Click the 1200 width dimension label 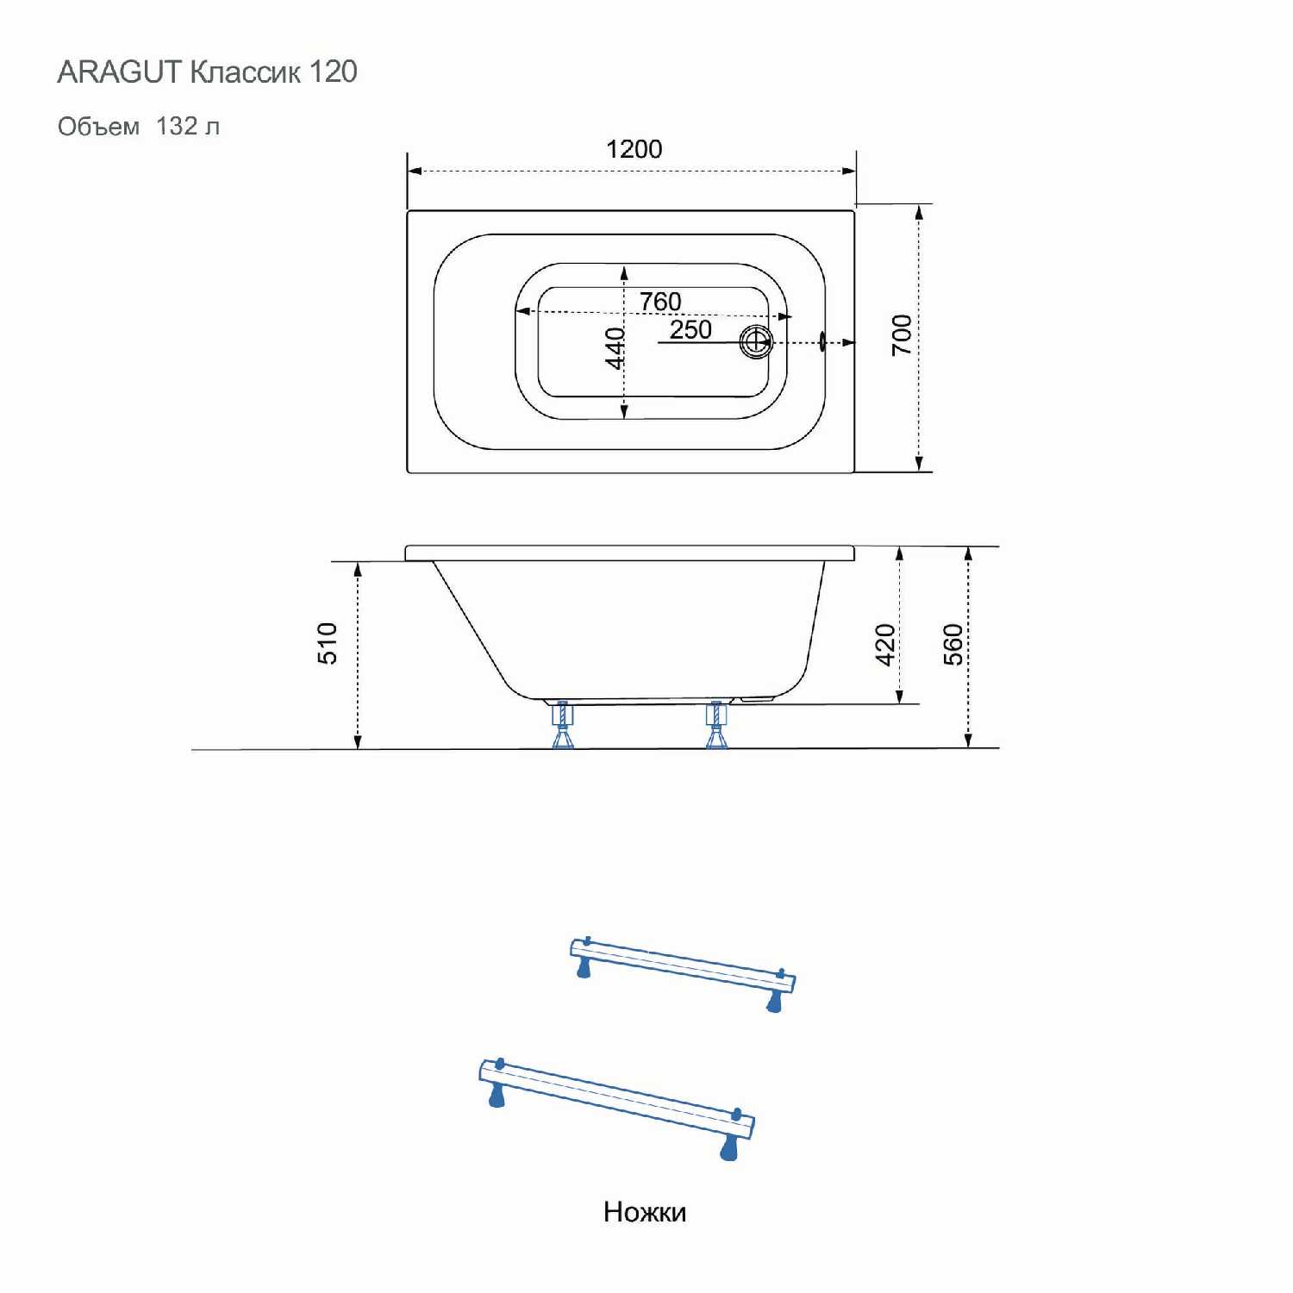634,149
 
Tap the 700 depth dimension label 902,334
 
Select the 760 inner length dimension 660,302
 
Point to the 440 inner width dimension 615,348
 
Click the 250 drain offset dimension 690,329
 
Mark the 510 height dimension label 328,643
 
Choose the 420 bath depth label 885,645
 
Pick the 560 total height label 953,645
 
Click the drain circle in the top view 756,342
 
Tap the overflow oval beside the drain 822,342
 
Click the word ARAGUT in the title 119,72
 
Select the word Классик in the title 245,72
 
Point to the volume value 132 177,126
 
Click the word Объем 98,127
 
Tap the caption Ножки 645,1212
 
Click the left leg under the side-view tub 562,726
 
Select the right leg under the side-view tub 715,726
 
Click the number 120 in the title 333,72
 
